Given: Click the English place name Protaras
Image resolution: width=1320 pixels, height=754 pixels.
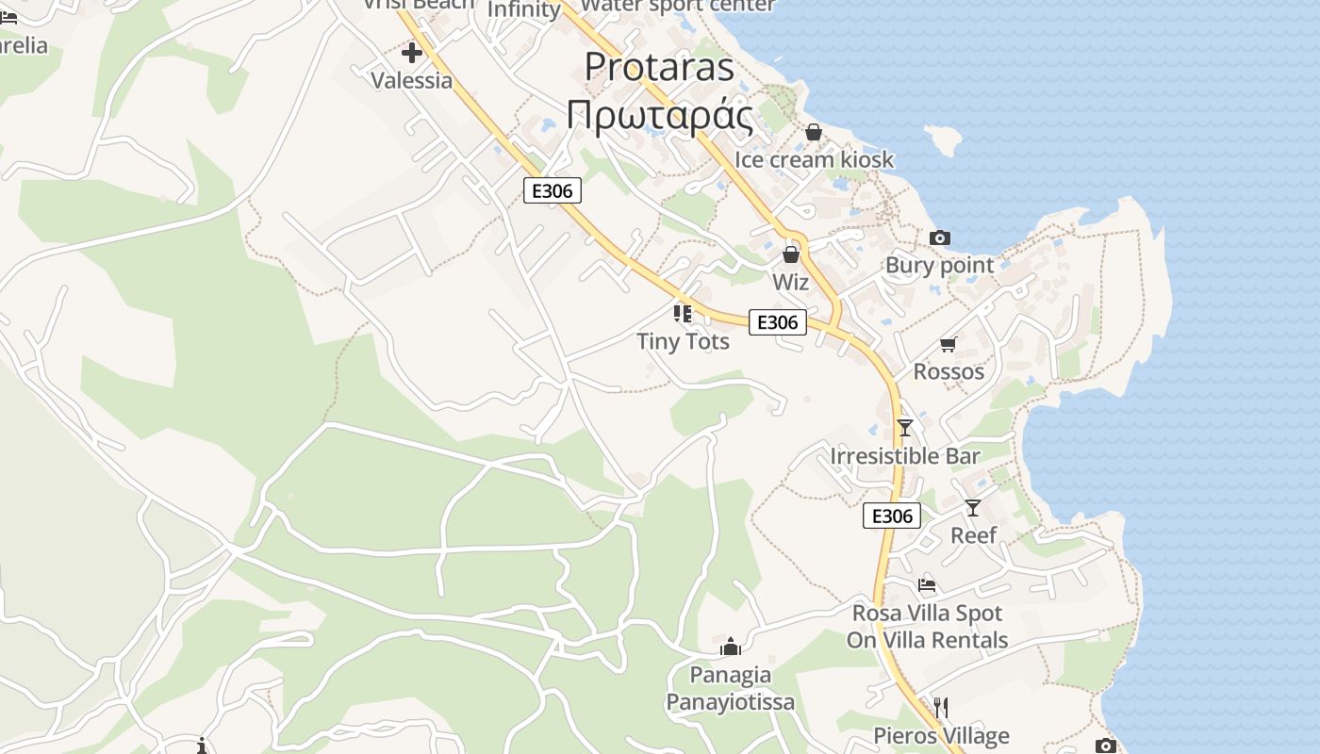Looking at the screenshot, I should click(659, 67).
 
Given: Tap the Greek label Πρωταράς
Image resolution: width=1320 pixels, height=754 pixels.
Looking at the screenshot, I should click(659, 116).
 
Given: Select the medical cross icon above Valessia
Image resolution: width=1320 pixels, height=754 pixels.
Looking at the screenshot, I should click(412, 53).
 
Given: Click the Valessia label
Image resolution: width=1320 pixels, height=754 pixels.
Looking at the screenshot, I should click(412, 80).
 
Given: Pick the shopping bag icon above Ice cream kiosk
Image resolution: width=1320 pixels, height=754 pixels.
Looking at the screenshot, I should click(814, 133).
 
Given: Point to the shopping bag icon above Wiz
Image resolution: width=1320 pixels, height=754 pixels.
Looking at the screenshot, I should click(791, 254).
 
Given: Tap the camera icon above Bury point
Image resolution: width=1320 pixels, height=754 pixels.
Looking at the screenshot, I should click(939, 238).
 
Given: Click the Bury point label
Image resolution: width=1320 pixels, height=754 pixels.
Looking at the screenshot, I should click(939, 265).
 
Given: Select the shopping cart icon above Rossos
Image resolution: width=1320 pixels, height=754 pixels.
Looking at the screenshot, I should click(948, 345).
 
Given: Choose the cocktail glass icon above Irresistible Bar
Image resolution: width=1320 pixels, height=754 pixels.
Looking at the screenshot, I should click(905, 428).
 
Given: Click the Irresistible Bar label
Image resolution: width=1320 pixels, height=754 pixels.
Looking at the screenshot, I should click(905, 456).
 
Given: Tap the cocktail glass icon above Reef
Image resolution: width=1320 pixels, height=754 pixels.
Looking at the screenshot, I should click(973, 508).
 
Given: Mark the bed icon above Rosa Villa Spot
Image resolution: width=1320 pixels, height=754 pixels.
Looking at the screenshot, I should click(927, 585).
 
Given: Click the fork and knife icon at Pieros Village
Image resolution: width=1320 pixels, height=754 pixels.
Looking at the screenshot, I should click(940, 707).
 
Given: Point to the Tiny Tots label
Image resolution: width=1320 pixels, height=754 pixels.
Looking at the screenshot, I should click(683, 341).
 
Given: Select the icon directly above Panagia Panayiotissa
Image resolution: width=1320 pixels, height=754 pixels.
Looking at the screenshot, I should click(730, 647).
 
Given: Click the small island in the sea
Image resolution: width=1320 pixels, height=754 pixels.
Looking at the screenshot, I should click(944, 139).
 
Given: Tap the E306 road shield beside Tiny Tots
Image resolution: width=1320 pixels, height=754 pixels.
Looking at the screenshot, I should click(778, 322).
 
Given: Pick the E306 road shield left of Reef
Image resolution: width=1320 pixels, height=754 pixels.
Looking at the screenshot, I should click(891, 516).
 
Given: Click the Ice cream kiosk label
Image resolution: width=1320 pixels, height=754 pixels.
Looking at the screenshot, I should click(814, 159).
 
